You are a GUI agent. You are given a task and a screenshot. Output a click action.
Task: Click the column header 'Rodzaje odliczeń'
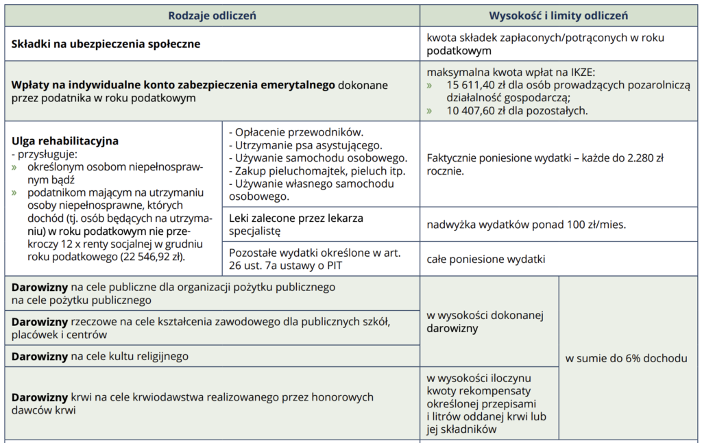(x=212, y=15)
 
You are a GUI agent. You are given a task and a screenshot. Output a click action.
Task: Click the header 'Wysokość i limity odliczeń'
(x=558, y=15)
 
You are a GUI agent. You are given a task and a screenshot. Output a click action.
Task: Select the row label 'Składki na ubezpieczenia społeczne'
(x=106, y=44)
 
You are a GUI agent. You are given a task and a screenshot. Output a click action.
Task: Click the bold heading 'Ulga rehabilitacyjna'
(x=65, y=141)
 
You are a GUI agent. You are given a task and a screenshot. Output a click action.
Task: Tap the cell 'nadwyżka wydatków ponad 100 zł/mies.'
(x=526, y=225)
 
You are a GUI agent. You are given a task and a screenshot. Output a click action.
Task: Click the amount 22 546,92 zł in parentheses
(x=154, y=257)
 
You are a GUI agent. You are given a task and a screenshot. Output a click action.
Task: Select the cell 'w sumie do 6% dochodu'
(x=626, y=358)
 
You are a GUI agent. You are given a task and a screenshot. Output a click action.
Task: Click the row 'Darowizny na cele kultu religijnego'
(x=100, y=356)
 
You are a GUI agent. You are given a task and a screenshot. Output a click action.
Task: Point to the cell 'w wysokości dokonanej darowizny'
(x=484, y=321)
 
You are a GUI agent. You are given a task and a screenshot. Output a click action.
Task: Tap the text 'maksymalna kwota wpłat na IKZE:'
(x=511, y=72)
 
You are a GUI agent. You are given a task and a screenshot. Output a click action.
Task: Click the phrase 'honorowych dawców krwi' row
(x=192, y=403)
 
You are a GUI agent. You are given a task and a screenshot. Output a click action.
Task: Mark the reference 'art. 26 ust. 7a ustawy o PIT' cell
(x=319, y=260)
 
